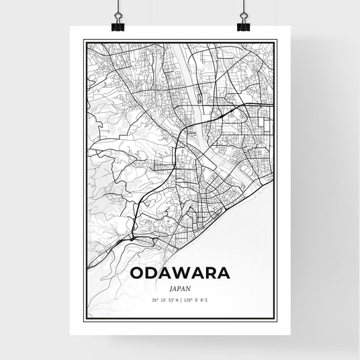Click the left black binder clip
pos(118,25)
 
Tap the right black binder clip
pos(243,25)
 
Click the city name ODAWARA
pos(179,274)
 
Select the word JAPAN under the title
pos(179,286)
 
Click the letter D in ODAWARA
pos(150,274)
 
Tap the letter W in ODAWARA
pos(180,274)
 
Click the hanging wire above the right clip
pos(243,7)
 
